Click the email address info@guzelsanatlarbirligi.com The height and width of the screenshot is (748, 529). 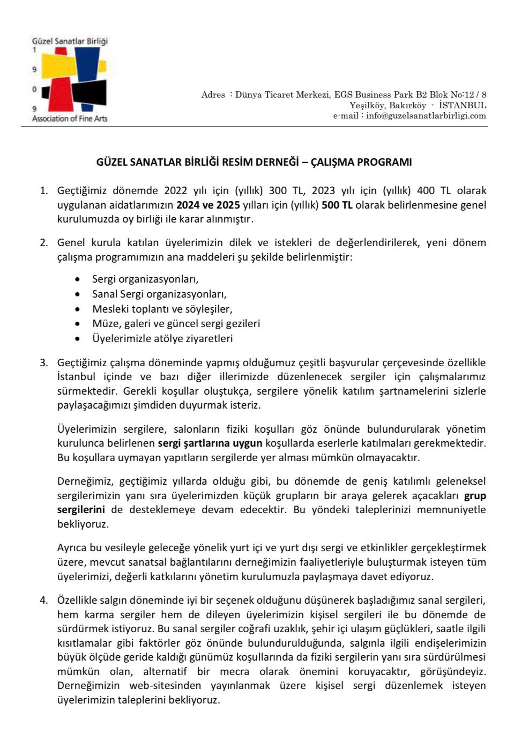(426, 116)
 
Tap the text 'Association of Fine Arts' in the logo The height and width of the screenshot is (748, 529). (70, 119)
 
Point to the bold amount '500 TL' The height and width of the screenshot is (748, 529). (337, 205)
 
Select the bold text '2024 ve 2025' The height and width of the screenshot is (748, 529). (208, 205)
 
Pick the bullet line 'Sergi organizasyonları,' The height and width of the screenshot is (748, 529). (145, 279)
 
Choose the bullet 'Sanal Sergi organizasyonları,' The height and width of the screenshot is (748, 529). (159, 294)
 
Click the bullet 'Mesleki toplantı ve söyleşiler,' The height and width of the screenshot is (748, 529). (162, 309)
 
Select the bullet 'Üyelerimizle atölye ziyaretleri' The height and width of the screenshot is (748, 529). (162, 339)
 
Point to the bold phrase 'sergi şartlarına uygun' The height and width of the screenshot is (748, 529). (210, 443)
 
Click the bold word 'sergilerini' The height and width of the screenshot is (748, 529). (81, 510)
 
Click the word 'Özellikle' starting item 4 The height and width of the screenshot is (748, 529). (79, 600)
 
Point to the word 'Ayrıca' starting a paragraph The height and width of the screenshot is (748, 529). (73, 548)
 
